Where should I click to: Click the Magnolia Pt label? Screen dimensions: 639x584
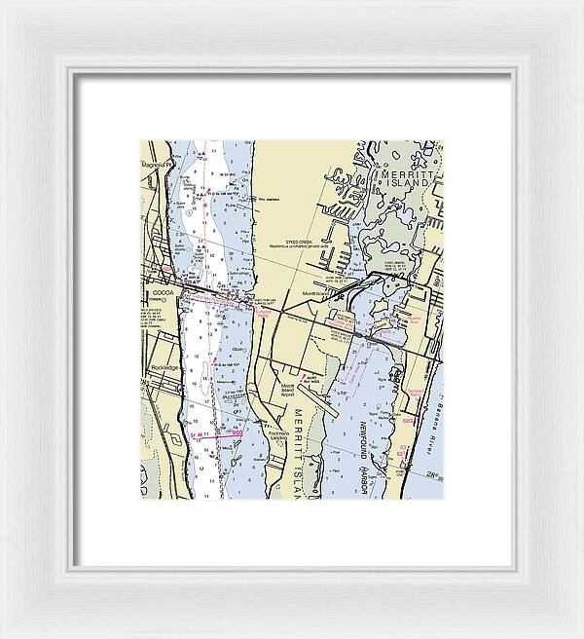(x=157, y=165)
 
